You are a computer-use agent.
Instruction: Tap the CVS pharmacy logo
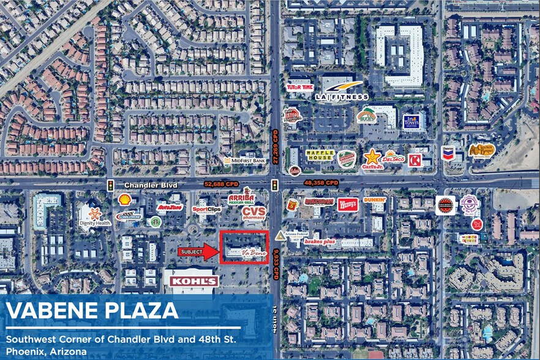(x=253, y=212)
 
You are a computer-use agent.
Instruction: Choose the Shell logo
(x=124, y=199)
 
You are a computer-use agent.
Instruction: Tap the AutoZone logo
(x=170, y=207)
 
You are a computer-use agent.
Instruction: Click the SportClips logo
(x=206, y=209)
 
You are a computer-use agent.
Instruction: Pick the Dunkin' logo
(x=374, y=200)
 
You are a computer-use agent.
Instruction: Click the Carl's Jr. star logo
(x=372, y=158)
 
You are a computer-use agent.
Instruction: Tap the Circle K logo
(x=414, y=160)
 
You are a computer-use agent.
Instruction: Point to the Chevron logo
(x=448, y=153)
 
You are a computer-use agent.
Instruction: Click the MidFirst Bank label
(x=244, y=160)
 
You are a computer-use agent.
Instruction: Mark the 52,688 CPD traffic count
(x=220, y=183)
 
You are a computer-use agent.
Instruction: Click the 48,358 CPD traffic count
(x=321, y=182)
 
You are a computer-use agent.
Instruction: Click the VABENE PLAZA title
(x=92, y=310)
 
